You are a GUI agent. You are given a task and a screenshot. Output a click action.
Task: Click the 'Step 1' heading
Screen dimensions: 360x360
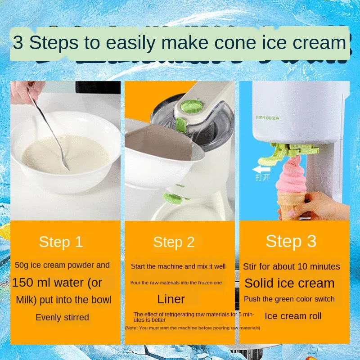(x=61, y=242)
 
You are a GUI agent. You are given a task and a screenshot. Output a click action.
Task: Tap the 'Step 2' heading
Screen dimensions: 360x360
(x=174, y=243)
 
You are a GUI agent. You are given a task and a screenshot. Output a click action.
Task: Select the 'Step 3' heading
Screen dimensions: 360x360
(x=291, y=241)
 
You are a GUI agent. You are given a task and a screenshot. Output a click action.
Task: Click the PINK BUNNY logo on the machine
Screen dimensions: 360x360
(x=268, y=118)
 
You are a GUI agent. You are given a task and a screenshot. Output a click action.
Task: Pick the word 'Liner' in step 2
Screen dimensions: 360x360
(x=171, y=299)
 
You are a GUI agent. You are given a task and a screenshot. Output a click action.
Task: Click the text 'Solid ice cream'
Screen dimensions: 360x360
(x=289, y=283)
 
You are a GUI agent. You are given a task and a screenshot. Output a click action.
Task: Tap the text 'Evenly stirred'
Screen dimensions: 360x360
(x=62, y=317)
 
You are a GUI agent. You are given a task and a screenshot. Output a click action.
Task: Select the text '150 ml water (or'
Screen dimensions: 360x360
(x=57, y=283)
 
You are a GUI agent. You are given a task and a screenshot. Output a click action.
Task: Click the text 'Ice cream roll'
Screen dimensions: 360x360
(x=293, y=316)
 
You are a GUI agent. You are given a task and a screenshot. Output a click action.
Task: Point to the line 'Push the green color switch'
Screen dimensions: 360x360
(x=289, y=299)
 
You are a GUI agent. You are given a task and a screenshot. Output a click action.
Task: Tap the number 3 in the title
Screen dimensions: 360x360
(x=18, y=43)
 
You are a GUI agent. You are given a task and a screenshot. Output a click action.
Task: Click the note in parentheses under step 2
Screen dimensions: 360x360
(x=193, y=328)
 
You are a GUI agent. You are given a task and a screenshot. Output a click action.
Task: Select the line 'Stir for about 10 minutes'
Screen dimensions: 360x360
(x=292, y=266)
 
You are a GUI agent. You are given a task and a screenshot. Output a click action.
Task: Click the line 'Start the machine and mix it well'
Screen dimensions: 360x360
(x=178, y=266)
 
